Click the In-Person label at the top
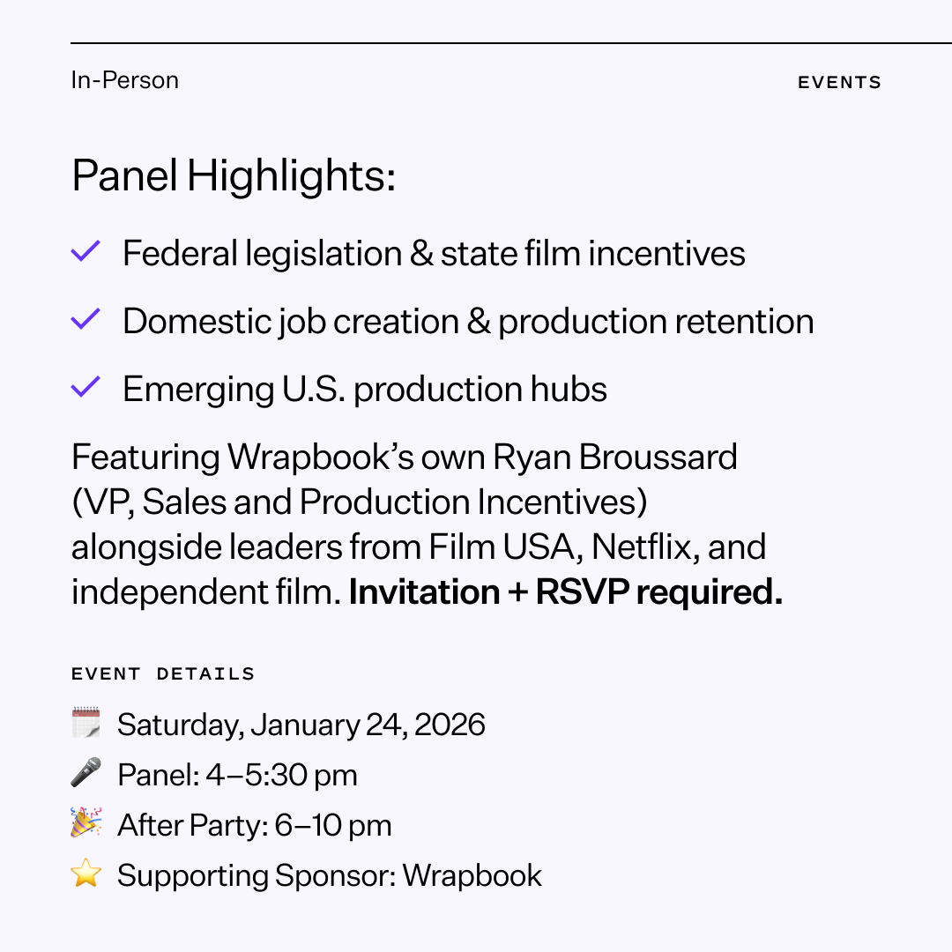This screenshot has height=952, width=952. pyautogui.click(x=124, y=80)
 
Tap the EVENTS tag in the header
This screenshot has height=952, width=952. pyautogui.click(x=839, y=83)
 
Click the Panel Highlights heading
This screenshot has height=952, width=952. pyautogui.click(x=234, y=176)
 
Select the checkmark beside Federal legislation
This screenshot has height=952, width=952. pyautogui.click(x=86, y=252)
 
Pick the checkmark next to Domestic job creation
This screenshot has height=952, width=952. pyautogui.click(x=86, y=320)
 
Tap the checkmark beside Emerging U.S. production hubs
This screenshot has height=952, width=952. pyautogui.click(x=86, y=388)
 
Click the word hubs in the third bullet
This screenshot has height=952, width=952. pyautogui.click(x=574, y=390)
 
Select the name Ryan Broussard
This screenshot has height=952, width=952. pyautogui.click(x=614, y=457)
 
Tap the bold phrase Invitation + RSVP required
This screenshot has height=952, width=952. pyautogui.click(x=565, y=592)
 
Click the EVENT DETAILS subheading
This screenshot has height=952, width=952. pyautogui.click(x=163, y=674)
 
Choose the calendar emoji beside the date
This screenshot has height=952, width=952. pyautogui.click(x=86, y=724)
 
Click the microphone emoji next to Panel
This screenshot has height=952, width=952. pyautogui.click(x=86, y=773)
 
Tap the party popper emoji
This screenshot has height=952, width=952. pyautogui.click(x=86, y=823)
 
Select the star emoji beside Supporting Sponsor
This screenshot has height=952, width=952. pyautogui.click(x=86, y=874)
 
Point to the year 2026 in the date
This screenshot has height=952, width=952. pyautogui.click(x=450, y=725)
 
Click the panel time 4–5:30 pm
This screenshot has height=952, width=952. pyautogui.click(x=281, y=776)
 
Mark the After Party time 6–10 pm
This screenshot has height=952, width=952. pyautogui.click(x=333, y=826)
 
